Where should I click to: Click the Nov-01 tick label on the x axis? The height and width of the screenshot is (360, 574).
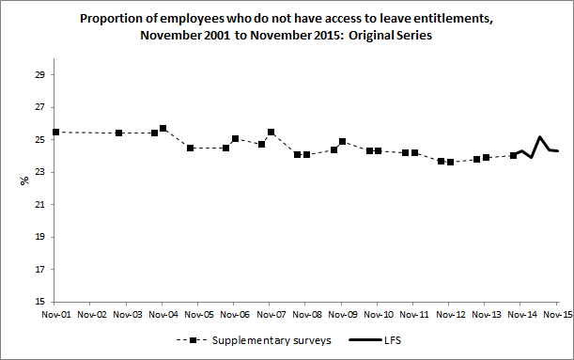coord(55,315)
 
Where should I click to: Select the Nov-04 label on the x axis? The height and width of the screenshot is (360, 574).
coord(163,315)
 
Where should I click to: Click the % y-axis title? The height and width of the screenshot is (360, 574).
coord(24,180)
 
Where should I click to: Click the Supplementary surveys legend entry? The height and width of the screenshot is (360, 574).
coord(271,341)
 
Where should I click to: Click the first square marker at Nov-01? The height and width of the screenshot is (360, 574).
coord(56,133)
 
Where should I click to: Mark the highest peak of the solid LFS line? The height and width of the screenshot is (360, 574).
coord(540,137)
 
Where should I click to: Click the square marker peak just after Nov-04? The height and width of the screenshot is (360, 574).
coord(163,129)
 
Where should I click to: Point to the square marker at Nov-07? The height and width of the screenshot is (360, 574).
coord(271,133)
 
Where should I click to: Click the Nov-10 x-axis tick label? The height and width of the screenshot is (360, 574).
coord(379,315)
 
